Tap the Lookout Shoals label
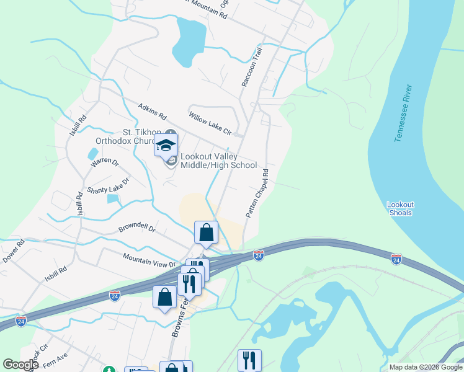(x=400, y=208)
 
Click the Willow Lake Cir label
(x=210, y=124)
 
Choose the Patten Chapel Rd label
(x=257, y=193)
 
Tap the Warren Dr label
(x=104, y=162)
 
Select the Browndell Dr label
(x=136, y=229)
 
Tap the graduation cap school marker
(x=166, y=146)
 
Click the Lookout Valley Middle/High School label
(x=218, y=161)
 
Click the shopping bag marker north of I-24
(x=207, y=233)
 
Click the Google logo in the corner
(x=20, y=365)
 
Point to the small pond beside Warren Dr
(x=93, y=153)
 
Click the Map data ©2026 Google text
(x=425, y=367)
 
